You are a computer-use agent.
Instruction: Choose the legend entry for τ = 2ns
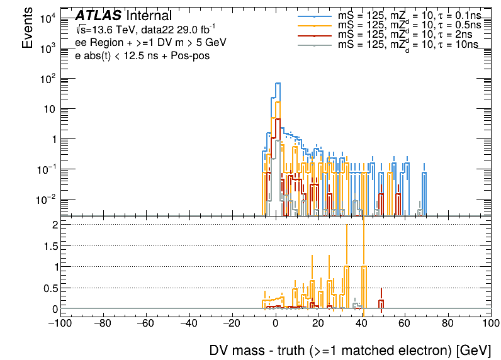pyautogui.click(x=403, y=34)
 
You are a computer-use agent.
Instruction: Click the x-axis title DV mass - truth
pyautogui.click(x=349, y=351)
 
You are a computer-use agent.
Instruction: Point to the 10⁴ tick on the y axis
pyautogui.click(x=48, y=19)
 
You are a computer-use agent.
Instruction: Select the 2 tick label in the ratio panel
pyautogui.click(x=55, y=225)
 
